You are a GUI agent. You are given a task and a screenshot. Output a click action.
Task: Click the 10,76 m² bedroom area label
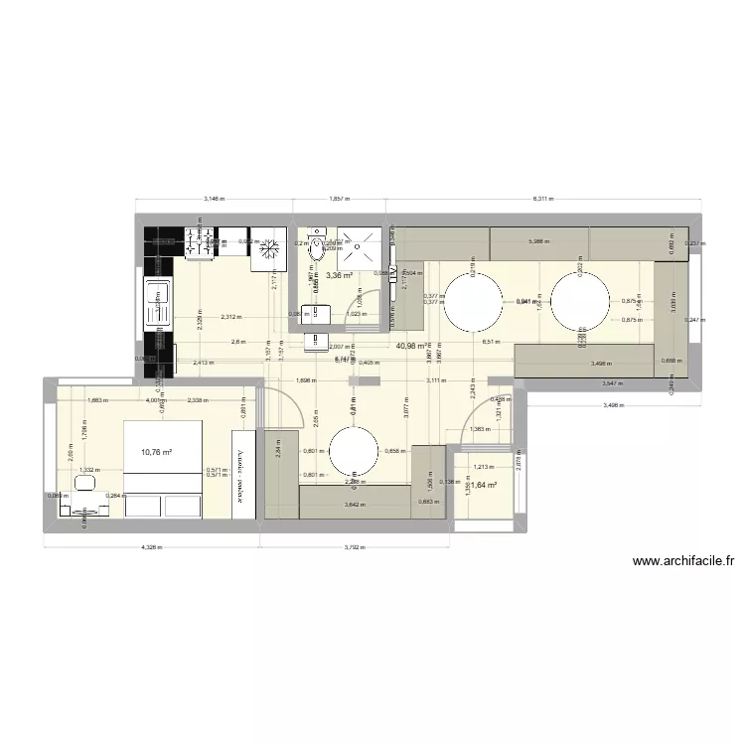[156, 452]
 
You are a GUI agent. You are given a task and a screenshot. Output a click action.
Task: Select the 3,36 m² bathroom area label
[341, 276]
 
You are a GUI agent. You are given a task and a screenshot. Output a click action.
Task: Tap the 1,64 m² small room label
[483, 486]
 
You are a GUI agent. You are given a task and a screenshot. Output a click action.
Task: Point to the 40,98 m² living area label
[412, 346]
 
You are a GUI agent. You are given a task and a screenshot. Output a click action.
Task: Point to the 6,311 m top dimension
[542, 199]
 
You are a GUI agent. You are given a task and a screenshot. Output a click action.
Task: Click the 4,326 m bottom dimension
[150, 545]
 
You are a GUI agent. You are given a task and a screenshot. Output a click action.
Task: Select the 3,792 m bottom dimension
[355, 545]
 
